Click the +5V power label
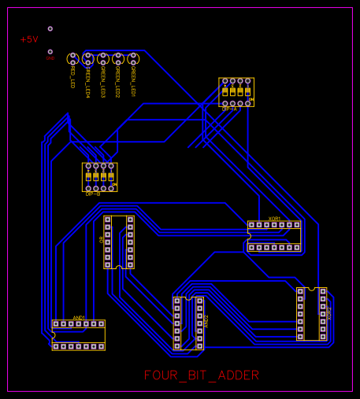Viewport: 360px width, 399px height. (x=28, y=39)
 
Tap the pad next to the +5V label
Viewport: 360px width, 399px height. (x=50, y=29)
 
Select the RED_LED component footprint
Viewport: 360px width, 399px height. (x=72, y=59)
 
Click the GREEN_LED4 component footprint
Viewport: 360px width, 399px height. (x=88, y=59)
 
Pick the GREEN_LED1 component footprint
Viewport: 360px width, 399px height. (x=133, y=59)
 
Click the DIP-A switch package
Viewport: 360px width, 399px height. (x=236, y=91)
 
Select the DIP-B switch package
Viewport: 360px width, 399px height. (x=99, y=177)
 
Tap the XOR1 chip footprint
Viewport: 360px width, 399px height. (x=274, y=236)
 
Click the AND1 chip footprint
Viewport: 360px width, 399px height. (x=78, y=334)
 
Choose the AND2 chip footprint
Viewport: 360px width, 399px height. (x=188, y=323)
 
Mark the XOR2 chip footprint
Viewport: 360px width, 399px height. (x=311, y=313)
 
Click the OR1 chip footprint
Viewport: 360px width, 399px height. (x=119, y=242)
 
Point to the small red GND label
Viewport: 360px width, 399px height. (x=50, y=58)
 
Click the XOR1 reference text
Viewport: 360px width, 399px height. (x=274, y=218)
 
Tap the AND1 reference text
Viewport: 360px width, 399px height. (x=78, y=316)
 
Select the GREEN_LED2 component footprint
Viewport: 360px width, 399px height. (x=117, y=59)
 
